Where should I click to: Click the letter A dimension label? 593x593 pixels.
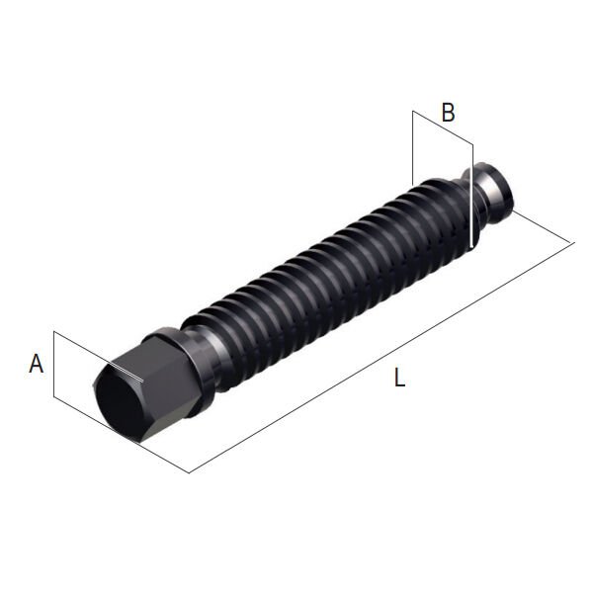tap(37, 363)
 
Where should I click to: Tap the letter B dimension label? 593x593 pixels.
tap(448, 112)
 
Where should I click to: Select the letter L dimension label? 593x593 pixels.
tap(399, 378)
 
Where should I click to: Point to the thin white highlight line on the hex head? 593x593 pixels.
tap(126, 373)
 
